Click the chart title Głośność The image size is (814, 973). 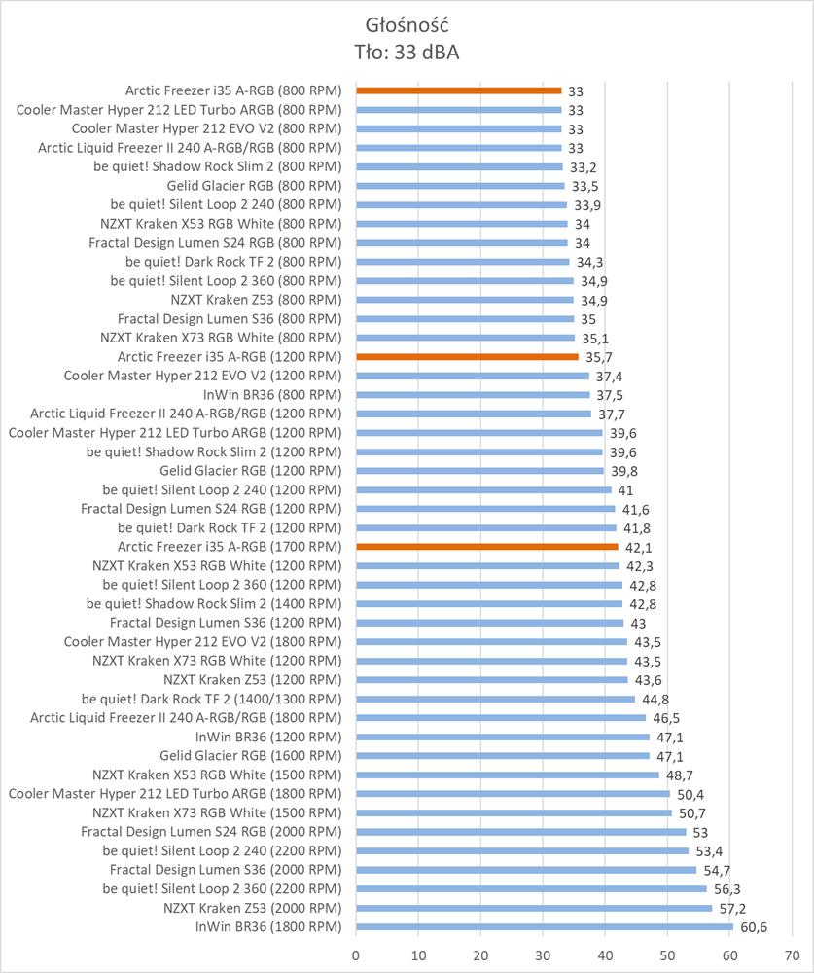[x=407, y=23]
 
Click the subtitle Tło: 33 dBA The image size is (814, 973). [x=407, y=52]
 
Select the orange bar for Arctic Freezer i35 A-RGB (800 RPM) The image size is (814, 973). [x=459, y=90]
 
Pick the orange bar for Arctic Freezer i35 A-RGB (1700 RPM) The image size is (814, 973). [x=487, y=547]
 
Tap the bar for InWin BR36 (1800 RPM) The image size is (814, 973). [x=545, y=926]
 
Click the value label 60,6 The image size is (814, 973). [x=754, y=927]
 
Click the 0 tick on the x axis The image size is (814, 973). [x=356, y=954]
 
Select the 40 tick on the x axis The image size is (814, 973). [x=605, y=954]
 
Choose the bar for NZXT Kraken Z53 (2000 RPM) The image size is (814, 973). [x=534, y=908]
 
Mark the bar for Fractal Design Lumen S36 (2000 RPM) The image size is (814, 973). [x=526, y=870]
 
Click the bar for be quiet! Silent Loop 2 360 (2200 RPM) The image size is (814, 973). [x=531, y=888]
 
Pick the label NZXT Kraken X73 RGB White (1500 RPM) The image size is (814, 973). [x=217, y=812]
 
